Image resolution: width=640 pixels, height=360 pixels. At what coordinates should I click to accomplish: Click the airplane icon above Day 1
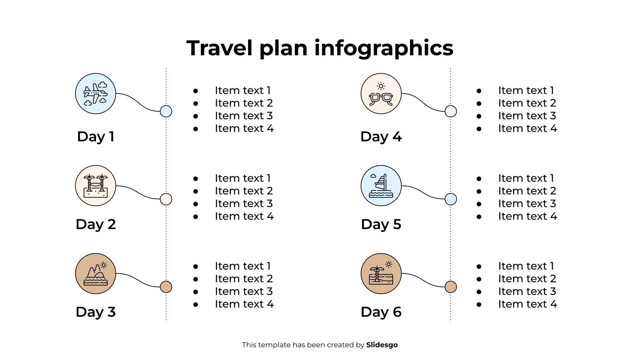tap(96, 94)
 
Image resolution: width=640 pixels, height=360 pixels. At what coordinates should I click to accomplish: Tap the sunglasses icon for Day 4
tap(381, 94)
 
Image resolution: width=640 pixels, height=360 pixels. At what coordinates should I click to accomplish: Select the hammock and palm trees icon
tap(96, 186)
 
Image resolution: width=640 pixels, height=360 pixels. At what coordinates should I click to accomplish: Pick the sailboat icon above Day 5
tap(381, 186)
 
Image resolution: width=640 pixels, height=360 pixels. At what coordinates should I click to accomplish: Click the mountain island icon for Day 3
tap(96, 274)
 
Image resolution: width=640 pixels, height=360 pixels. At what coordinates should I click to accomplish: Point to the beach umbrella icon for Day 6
tap(381, 274)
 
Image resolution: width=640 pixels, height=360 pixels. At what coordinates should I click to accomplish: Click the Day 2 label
tap(96, 224)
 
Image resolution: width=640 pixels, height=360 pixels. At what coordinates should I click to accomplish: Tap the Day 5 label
tap(381, 224)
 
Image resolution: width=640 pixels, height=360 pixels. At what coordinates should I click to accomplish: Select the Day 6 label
tap(381, 312)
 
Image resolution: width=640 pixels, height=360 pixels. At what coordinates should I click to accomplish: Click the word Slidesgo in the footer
tap(382, 345)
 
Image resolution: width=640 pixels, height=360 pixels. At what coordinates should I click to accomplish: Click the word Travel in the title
tap(219, 48)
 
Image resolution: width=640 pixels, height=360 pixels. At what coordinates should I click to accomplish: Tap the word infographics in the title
tap(384, 48)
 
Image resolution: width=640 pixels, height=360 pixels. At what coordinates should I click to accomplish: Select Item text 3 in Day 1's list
tap(244, 116)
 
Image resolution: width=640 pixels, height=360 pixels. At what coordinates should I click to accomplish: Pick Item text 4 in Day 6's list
tap(527, 304)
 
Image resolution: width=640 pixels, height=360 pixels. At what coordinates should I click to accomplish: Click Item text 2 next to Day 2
tap(244, 191)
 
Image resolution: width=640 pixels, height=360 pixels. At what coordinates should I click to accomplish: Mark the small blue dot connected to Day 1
tap(166, 111)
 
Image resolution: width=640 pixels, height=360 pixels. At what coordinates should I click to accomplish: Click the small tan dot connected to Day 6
tap(451, 287)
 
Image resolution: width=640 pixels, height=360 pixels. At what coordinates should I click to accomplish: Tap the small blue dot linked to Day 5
tap(451, 199)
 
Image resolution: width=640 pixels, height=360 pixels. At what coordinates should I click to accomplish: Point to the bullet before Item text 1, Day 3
tap(196, 266)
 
